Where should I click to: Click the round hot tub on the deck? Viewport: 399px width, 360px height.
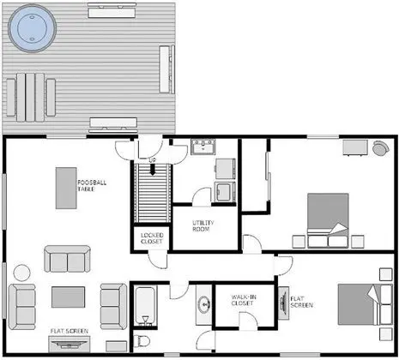coord(32,28)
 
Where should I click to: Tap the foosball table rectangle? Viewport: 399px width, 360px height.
coord(66,188)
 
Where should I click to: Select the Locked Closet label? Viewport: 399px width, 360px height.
coord(152,238)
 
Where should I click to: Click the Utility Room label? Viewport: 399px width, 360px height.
coord(203,225)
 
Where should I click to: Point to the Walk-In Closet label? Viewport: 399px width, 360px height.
coord(244,300)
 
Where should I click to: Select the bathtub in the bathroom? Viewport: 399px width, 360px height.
coord(145,306)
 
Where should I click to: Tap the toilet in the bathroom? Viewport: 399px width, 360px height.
coord(142,341)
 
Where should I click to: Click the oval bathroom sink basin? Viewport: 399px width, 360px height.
coord(204,304)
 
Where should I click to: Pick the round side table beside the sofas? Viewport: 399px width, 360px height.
coord(22,273)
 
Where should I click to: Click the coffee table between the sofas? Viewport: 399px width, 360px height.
coord(68,297)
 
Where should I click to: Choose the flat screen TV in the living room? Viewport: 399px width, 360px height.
coord(70,344)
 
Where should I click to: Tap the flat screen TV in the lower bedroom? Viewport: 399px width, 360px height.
coord(284,303)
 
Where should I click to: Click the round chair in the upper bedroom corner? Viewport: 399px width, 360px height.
coord(381,148)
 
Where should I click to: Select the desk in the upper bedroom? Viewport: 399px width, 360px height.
coord(355,147)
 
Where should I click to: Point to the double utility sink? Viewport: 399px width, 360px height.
coord(203,147)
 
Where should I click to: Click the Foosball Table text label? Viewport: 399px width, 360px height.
coord(92,186)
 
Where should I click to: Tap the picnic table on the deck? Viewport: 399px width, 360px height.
coord(31,98)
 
